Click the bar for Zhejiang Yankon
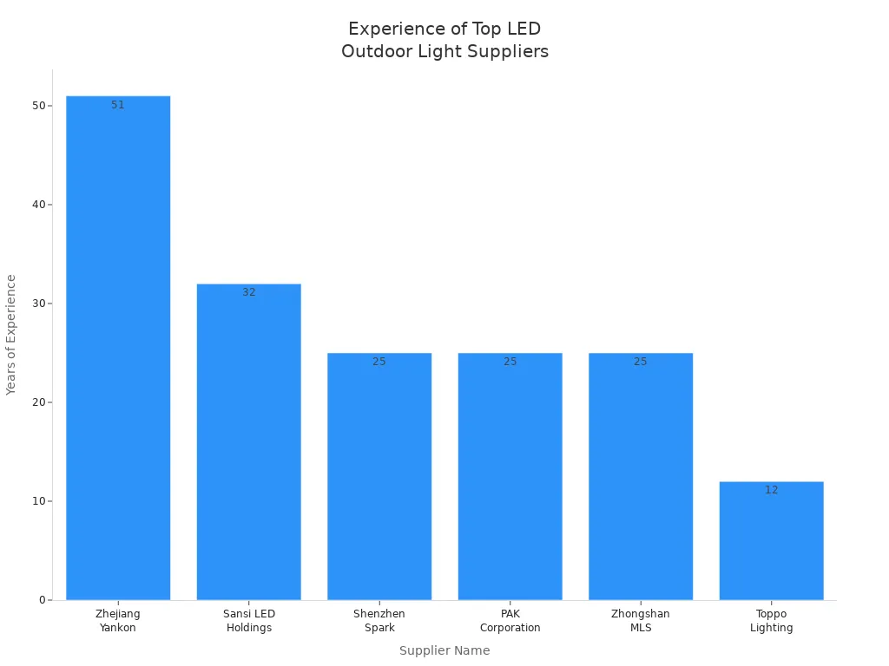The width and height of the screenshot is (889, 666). pos(118,347)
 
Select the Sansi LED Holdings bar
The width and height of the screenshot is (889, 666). pos(249,441)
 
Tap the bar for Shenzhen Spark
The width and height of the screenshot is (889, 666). pos(379,476)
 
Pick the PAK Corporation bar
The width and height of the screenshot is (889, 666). pos(510,476)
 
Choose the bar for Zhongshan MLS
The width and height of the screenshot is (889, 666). pos(641,476)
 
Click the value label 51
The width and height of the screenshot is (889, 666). pos(118,105)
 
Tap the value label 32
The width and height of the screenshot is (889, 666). pos(249,292)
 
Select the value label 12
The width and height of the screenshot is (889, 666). pos(772,490)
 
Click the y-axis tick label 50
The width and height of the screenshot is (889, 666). pos(38,106)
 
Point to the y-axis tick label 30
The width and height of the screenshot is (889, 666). pos(38,304)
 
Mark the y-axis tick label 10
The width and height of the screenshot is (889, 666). pos(38,501)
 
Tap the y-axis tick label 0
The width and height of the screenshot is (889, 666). pos(42,600)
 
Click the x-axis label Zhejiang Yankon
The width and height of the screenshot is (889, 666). pos(118,621)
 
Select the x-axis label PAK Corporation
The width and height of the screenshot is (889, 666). pos(510,621)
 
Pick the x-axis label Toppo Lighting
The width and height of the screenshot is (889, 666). pos(772,621)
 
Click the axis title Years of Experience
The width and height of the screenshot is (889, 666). pos(11,335)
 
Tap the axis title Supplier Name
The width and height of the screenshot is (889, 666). pos(444,650)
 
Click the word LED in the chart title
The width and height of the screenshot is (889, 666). pos(524,29)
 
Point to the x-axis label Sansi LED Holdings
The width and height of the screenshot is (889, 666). pos(249,621)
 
